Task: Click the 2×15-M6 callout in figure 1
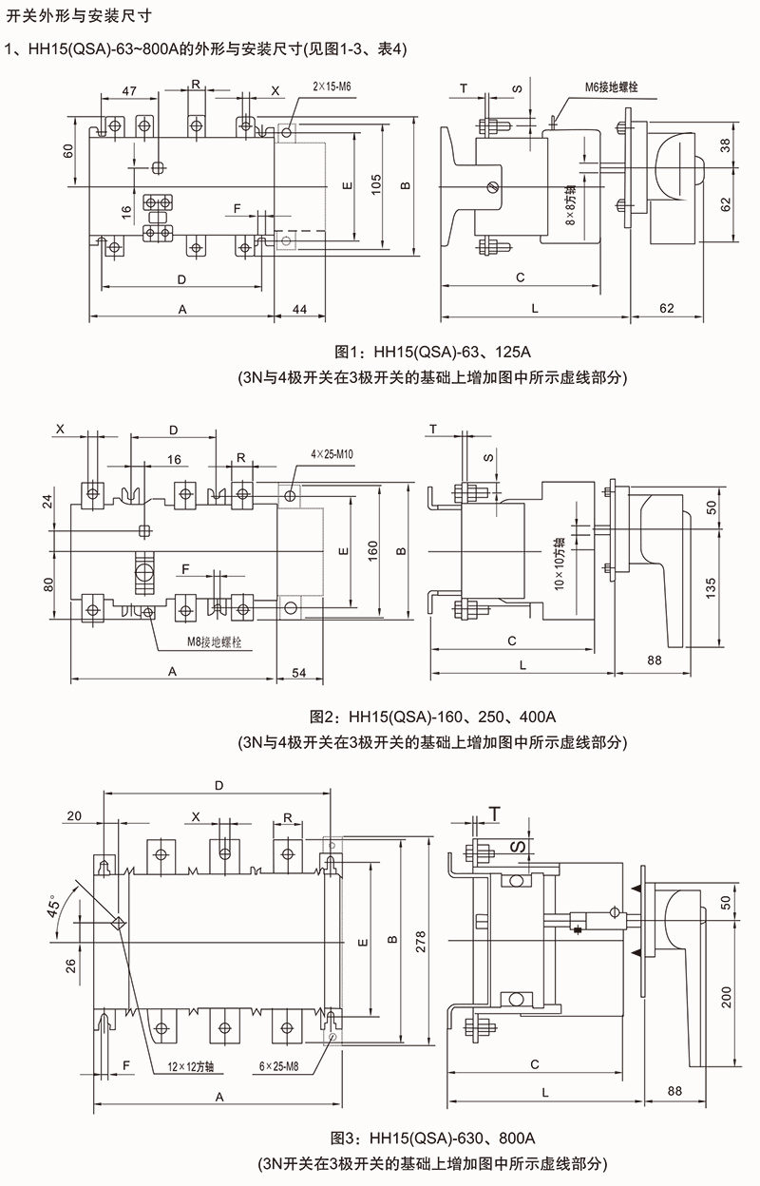[332, 87]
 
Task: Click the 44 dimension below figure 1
[298, 310]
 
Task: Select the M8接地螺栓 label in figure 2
[214, 643]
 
